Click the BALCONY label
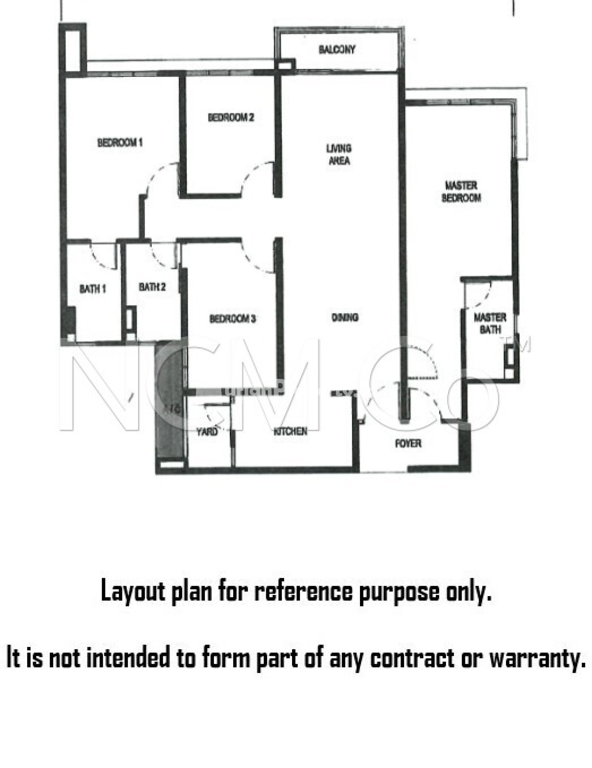[x=337, y=49]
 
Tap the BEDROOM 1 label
[x=120, y=142]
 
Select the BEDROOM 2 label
[x=231, y=117]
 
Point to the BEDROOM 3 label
[x=232, y=319]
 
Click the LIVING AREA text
[x=339, y=154]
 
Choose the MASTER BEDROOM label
[x=461, y=192]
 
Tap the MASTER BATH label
[x=490, y=324]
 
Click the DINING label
[x=345, y=318]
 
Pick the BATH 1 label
[x=92, y=289]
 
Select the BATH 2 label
[x=152, y=287]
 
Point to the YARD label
[x=207, y=432]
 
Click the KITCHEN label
[x=290, y=431]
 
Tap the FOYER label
[x=408, y=444]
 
